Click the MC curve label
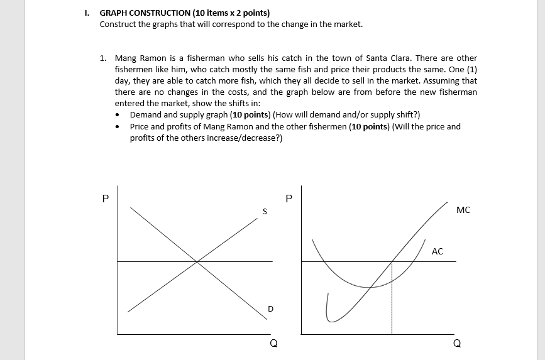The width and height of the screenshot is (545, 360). pyautogui.click(x=463, y=210)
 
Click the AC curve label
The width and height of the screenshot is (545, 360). pyautogui.click(x=438, y=251)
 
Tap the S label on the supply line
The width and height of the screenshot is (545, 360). pyautogui.click(x=265, y=212)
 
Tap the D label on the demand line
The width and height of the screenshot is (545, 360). pyautogui.click(x=271, y=308)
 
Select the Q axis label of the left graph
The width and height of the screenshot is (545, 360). pyautogui.click(x=273, y=343)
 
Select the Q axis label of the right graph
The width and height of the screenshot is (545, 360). pyautogui.click(x=456, y=343)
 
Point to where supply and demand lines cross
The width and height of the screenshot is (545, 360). pyautogui.click(x=197, y=261)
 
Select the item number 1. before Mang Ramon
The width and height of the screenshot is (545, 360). pyautogui.click(x=103, y=58)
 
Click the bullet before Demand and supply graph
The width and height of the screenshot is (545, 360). pyautogui.click(x=119, y=115)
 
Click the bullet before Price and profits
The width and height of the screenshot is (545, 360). pyautogui.click(x=119, y=127)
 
